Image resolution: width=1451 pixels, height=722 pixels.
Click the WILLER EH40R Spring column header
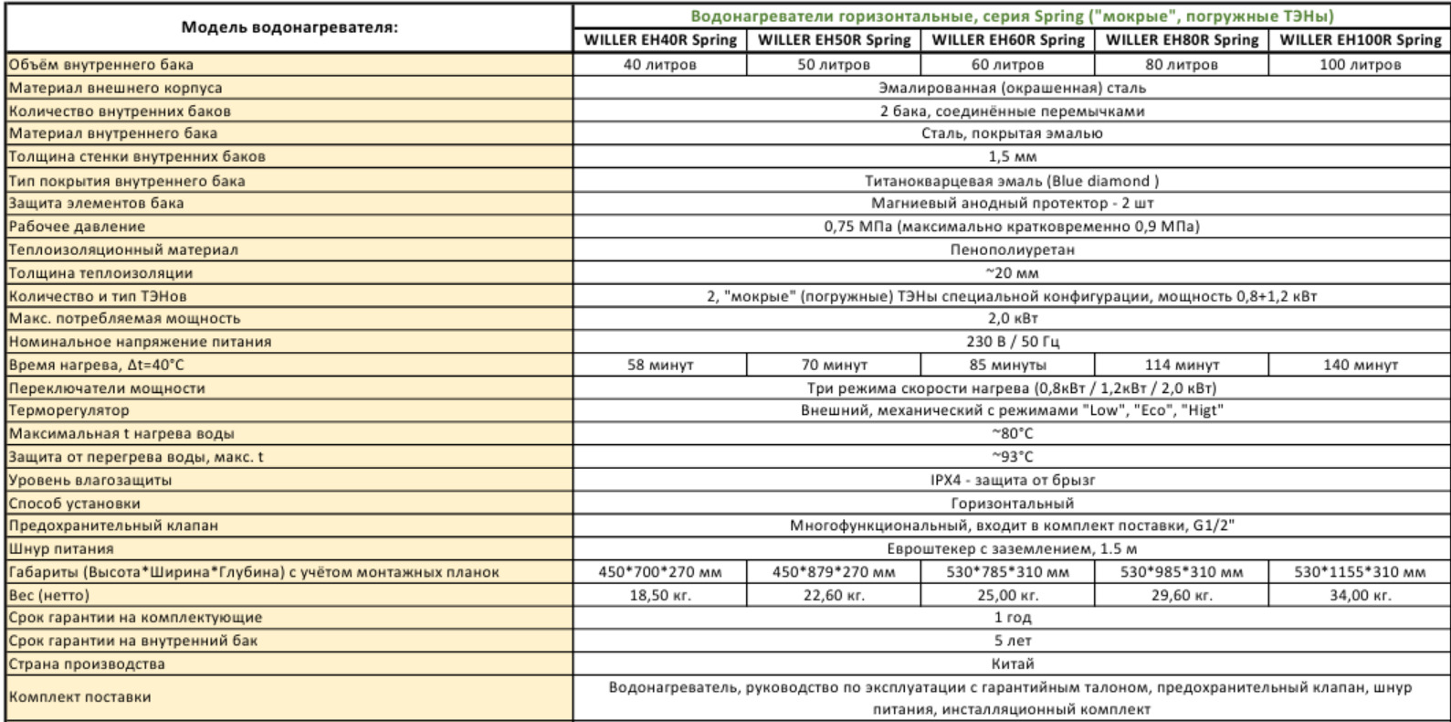coord(660,40)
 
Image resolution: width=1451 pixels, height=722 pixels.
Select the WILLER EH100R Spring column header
coord(1360,40)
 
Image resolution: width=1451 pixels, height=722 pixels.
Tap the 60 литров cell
coord(1007,65)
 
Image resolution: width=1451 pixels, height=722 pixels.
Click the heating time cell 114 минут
coord(1182,365)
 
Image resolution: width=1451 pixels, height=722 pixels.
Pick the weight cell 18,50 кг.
coord(660,596)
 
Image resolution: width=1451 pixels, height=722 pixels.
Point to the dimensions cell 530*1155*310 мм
coord(1360,573)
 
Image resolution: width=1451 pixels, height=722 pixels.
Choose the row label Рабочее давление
coord(77,227)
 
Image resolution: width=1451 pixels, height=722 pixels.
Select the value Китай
coord(1012,664)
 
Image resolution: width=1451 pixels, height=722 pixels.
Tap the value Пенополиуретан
coord(1012,250)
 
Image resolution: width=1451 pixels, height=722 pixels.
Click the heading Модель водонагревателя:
coord(289,27)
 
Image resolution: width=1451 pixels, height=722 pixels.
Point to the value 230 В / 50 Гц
coord(1012,342)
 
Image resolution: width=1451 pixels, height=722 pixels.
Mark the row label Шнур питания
coord(61,549)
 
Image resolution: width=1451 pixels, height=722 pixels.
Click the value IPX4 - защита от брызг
coord(1012,480)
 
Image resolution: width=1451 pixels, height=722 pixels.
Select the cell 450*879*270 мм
coord(834,573)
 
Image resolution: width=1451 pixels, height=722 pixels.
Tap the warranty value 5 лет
coord(1012,642)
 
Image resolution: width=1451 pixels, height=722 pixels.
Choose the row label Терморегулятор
coord(68,410)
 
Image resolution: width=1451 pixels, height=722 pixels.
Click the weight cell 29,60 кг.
coord(1182,596)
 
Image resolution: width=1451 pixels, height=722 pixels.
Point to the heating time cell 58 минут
coord(660,365)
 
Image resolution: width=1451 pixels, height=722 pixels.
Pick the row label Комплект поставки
coord(79,697)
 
